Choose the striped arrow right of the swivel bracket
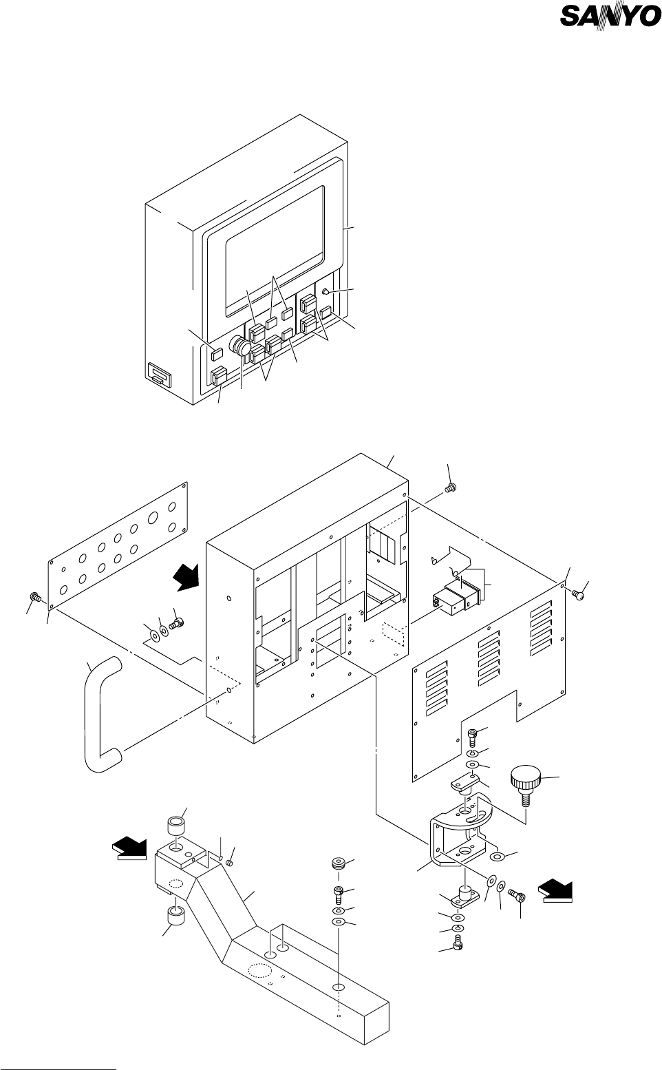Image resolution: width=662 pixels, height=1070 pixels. point(557,890)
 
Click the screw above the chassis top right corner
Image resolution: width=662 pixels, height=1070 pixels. point(451,487)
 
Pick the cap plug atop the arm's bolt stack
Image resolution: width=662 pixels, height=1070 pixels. point(337,865)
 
